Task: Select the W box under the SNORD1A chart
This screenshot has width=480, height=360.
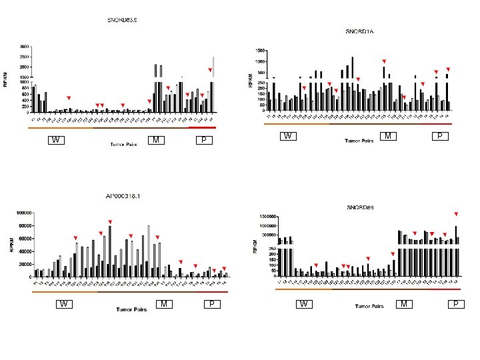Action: coord(288,136)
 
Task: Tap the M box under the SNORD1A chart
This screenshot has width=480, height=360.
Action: coord(387,136)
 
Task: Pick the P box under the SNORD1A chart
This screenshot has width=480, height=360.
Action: coord(439,136)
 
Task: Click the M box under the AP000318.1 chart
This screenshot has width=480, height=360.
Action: coord(163,304)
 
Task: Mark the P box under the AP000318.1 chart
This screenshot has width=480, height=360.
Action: coord(211,304)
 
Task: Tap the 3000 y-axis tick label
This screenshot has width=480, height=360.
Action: coord(23,47)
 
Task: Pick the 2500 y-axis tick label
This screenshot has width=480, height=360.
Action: coord(23,57)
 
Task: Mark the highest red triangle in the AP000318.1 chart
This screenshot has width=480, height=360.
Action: coord(110,221)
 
